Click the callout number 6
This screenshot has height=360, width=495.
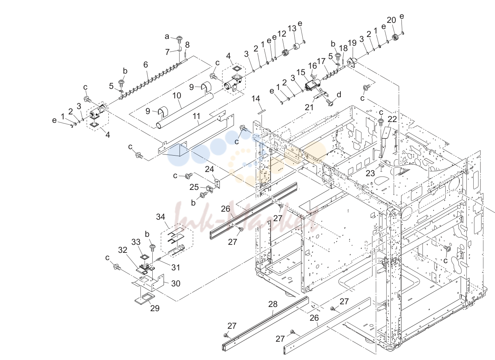pos(145,64)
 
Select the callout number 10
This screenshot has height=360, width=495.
pos(177,95)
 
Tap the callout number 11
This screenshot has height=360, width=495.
pos(197,116)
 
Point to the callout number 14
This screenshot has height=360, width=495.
pos(256,98)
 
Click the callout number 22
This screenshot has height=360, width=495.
pos(392,119)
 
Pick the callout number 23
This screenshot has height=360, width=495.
pos(370,173)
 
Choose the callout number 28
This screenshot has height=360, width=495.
pos(273,304)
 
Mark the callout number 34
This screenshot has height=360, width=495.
pos(160,217)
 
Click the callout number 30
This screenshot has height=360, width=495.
pos(176,283)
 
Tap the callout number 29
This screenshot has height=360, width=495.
pos(155,308)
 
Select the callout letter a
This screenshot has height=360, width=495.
pos(167,37)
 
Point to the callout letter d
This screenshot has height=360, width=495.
pos(339,95)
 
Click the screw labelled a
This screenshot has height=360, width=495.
pos(180,40)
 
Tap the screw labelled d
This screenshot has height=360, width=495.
pos(329,102)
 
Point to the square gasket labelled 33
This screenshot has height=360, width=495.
pos(144,257)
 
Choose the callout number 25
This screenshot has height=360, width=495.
pos(194,187)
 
